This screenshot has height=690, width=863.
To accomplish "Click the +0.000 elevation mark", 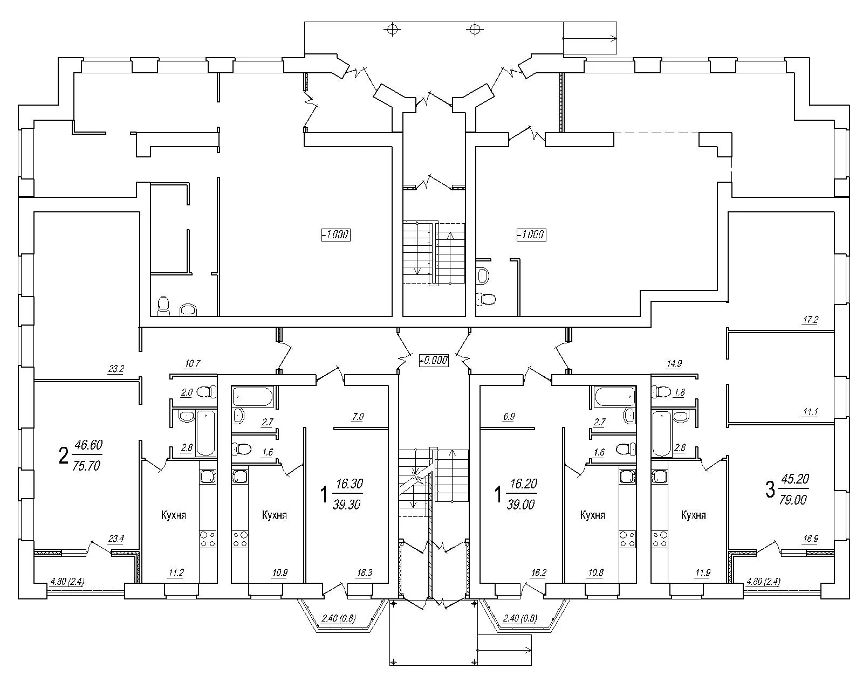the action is (x=434, y=360).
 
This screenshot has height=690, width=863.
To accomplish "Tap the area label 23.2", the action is (x=116, y=369).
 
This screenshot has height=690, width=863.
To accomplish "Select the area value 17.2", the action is (x=811, y=320).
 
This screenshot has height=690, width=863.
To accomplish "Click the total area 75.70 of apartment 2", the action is (x=86, y=466).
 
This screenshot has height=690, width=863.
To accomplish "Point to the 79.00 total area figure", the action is (x=793, y=500).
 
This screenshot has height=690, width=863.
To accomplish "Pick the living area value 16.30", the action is (x=350, y=484).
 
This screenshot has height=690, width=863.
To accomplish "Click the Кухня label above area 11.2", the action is (x=174, y=515).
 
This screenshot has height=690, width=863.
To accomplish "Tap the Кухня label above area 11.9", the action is (x=694, y=515).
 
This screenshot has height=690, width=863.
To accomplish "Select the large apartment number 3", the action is (x=770, y=490).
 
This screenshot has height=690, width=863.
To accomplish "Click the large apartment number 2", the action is (x=63, y=456).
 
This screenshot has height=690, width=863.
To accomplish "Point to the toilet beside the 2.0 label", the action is (x=207, y=392).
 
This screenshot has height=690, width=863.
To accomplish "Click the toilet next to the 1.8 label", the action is (x=661, y=391).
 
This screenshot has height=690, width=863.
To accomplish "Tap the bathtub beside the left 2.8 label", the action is (x=206, y=433).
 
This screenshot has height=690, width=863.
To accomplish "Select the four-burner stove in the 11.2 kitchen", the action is (x=208, y=539).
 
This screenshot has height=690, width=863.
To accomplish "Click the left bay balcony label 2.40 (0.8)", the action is (x=339, y=618).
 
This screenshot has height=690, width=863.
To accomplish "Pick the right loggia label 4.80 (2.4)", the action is (x=763, y=581).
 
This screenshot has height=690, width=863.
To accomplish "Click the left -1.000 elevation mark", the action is (x=336, y=234).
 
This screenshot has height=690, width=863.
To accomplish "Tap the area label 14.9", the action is (x=674, y=364).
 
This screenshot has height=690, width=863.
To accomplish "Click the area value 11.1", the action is (x=811, y=412).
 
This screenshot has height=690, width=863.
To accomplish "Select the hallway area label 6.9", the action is (x=509, y=417).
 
